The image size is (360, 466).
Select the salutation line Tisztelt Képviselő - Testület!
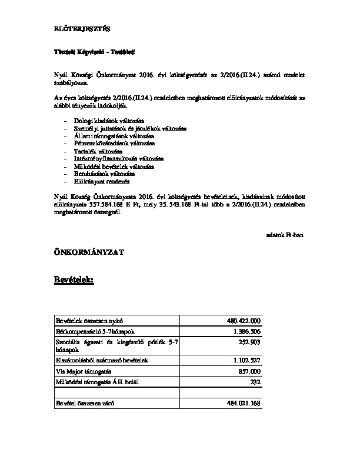(x=91, y=53)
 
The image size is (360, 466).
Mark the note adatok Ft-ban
(x=285, y=234)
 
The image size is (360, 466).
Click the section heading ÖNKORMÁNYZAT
(x=86, y=252)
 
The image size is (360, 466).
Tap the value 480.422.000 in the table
(x=243, y=321)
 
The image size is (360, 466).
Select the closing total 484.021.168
(x=243, y=404)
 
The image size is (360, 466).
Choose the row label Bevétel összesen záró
(x=85, y=404)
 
